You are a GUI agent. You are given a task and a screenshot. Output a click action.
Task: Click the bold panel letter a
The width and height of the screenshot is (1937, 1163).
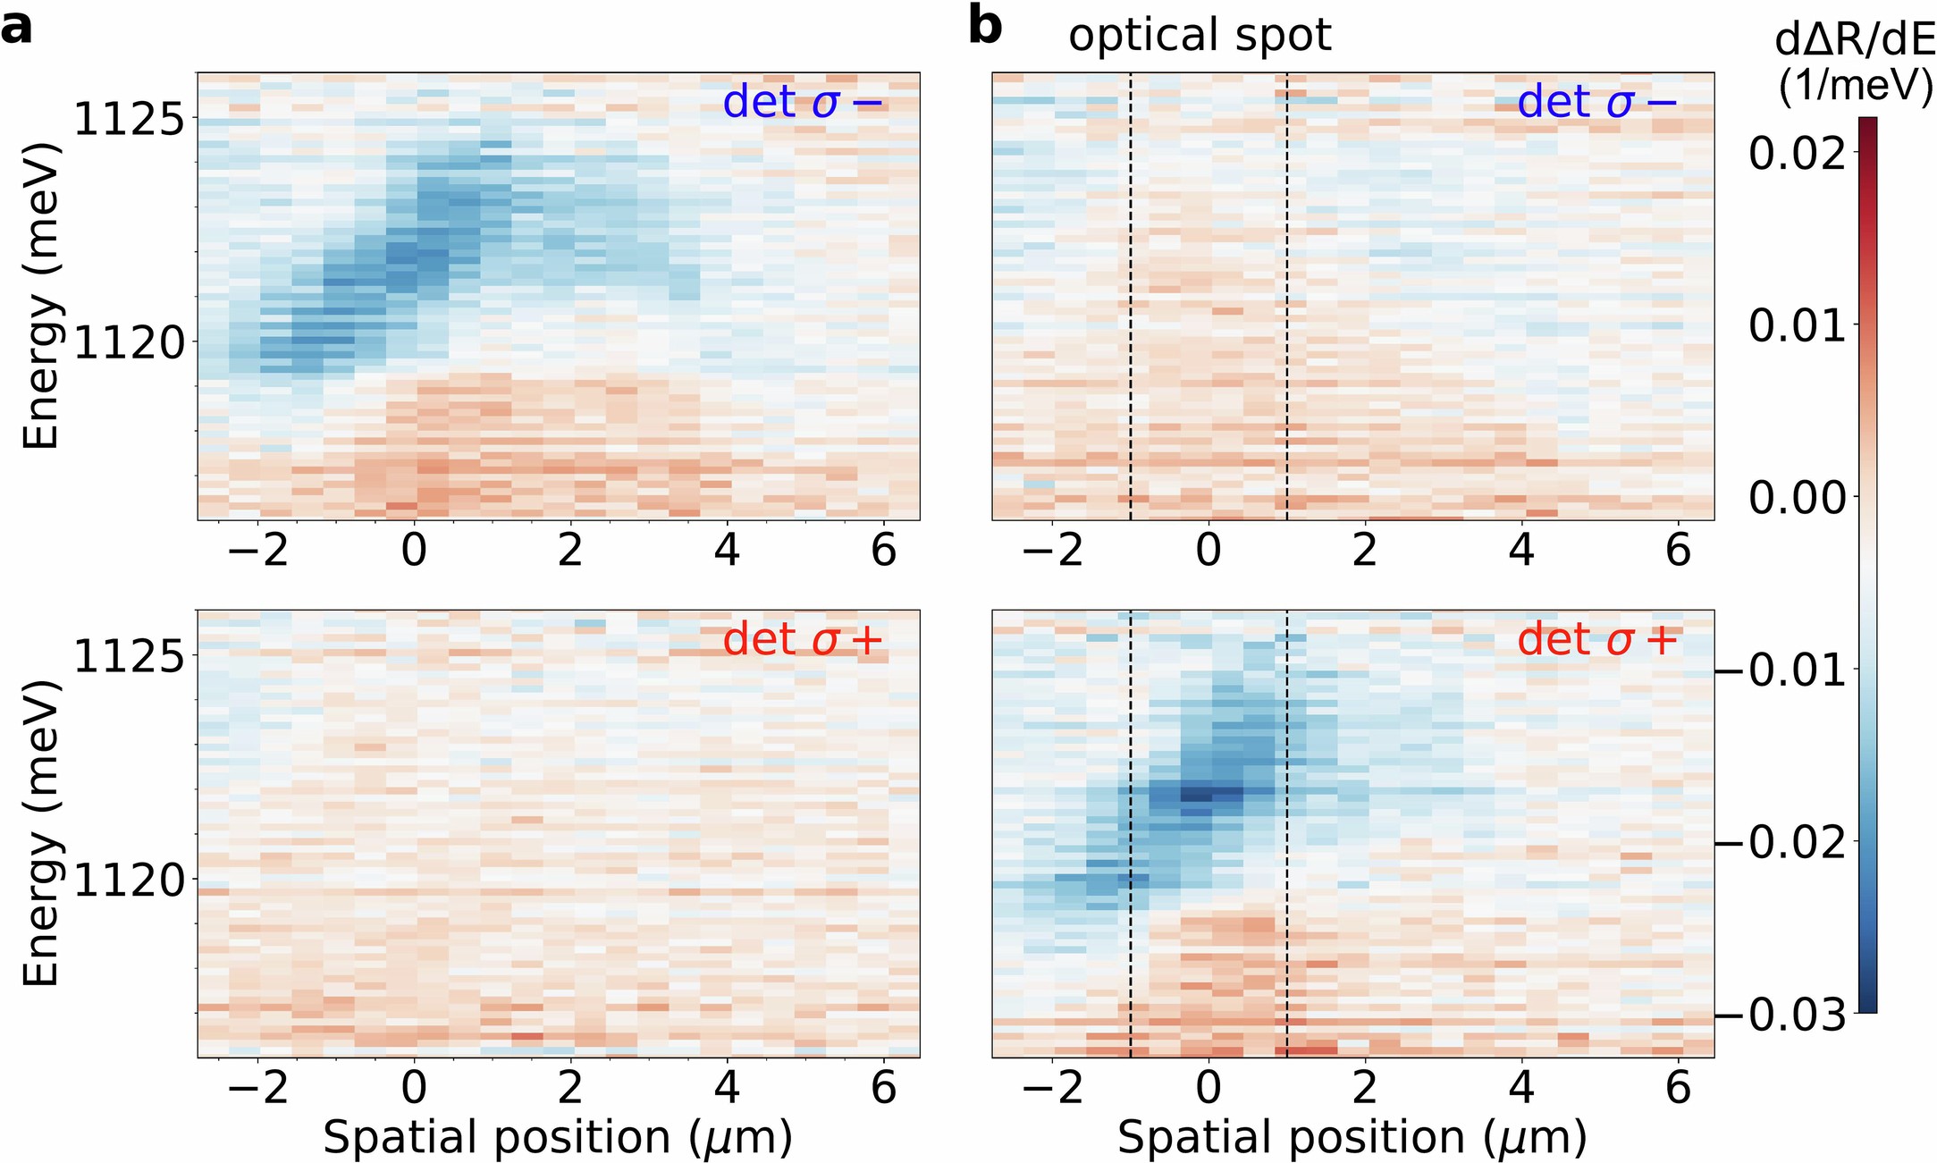pyautogui.click(x=16, y=29)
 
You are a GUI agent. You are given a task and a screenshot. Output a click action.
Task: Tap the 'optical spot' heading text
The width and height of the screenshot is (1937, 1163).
pyautogui.click(x=1200, y=36)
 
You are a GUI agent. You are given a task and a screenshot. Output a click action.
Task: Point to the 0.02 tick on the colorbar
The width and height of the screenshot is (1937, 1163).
pyautogui.click(x=1797, y=154)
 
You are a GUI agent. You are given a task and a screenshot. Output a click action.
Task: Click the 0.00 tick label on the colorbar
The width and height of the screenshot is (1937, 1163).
pyautogui.click(x=1797, y=498)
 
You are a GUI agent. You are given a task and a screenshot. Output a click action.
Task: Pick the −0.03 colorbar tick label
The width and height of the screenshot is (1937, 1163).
pyautogui.click(x=1782, y=1016)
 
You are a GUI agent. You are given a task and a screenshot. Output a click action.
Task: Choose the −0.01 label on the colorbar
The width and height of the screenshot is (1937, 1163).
pyautogui.click(x=1782, y=670)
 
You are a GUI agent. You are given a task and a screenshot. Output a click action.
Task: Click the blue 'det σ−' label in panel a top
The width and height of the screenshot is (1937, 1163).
pyautogui.click(x=802, y=103)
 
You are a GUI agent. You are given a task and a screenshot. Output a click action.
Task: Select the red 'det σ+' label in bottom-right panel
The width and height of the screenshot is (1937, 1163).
pyautogui.click(x=1597, y=640)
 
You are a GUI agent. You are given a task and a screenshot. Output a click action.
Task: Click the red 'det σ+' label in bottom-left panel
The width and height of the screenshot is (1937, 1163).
pyautogui.click(x=802, y=640)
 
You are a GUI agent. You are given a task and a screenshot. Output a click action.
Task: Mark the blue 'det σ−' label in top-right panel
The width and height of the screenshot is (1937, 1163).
pyautogui.click(x=1597, y=103)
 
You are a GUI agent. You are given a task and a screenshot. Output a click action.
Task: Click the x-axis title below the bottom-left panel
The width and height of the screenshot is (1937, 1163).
pyautogui.click(x=558, y=1138)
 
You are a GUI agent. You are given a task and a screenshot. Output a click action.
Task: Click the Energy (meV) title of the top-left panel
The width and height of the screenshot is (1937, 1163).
pyautogui.click(x=41, y=295)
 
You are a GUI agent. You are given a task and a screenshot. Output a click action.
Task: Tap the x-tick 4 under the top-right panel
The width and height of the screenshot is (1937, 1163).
pyautogui.click(x=1521, y=550)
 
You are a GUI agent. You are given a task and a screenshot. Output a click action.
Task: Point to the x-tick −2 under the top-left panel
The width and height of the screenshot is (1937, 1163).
pyautogui.click(x=258, y=550)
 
